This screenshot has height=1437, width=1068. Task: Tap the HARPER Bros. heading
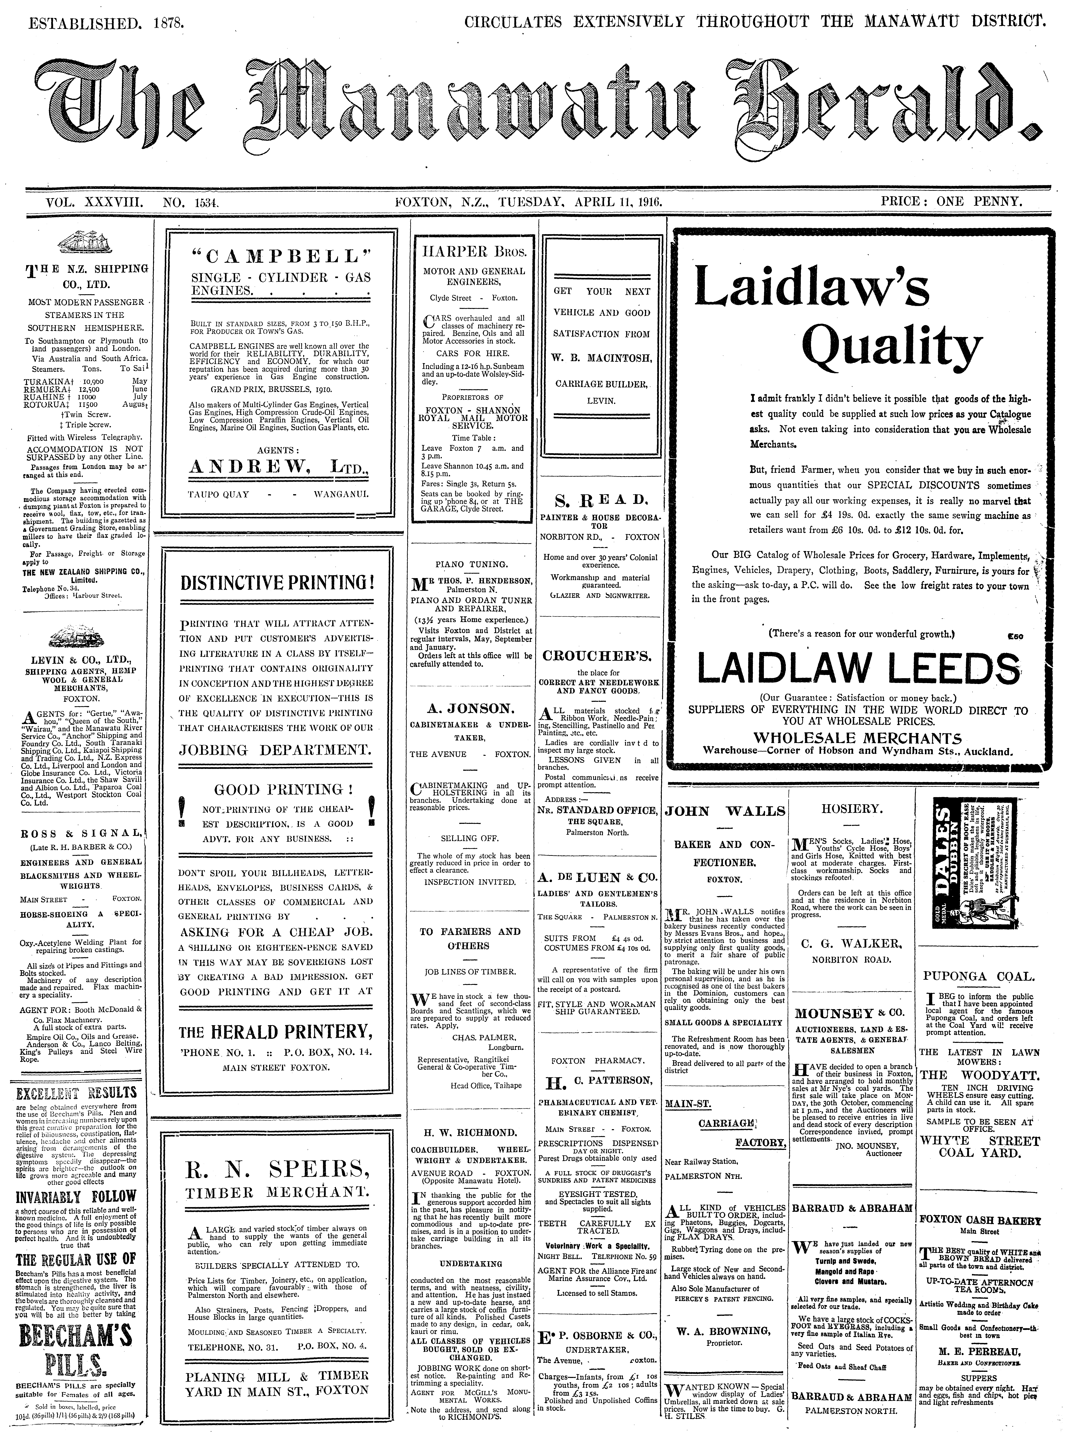click(474, 252)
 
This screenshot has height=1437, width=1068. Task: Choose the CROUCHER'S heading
click(599, 656)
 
